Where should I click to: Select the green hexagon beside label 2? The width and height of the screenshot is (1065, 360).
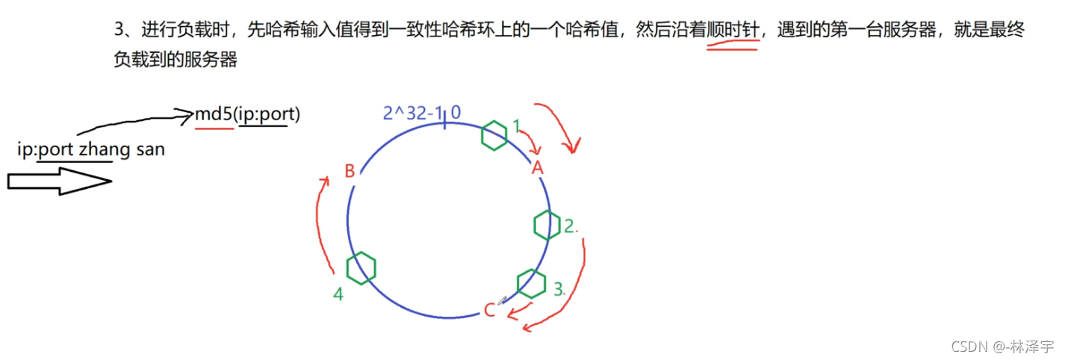(547, 225)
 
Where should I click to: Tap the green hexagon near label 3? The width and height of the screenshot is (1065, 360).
(531, 283)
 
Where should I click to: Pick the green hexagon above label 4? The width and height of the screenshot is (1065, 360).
(361, 267)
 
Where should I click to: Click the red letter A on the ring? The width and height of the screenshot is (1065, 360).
(536, 169)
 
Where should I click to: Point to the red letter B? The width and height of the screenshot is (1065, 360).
(350, 172)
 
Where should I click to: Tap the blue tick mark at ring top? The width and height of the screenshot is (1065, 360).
(444, 120)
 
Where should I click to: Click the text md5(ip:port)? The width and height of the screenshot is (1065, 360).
(247, 115)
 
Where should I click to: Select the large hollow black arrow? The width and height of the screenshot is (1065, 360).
(58, 181)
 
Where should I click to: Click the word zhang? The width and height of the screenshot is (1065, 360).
(105, 149)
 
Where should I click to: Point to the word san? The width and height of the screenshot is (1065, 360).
(150, 149)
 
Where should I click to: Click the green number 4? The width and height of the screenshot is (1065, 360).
(338, 295)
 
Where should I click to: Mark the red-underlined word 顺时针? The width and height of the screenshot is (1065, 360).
(733, 31)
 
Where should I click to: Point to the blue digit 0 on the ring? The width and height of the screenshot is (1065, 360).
(456, 114)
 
